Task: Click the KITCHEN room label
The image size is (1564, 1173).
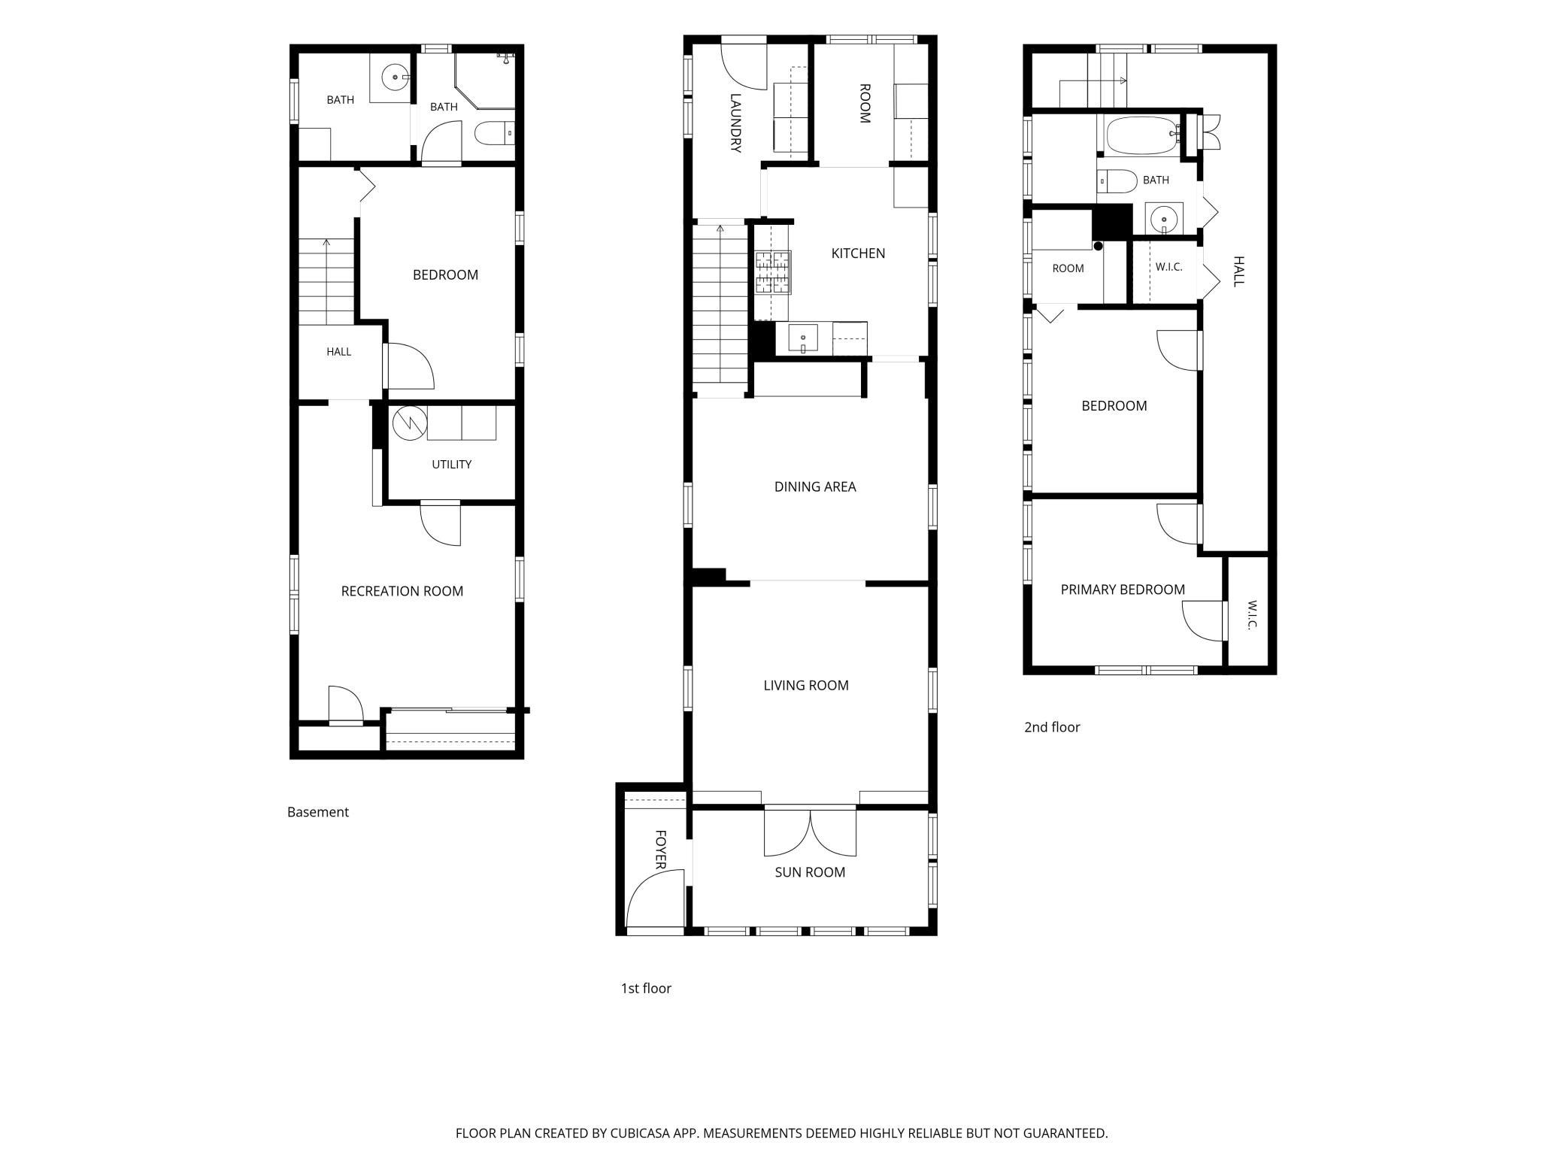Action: coord(858,253)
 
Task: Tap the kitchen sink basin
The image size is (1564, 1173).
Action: coord(803,338)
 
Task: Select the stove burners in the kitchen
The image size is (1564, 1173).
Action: coord(773,272)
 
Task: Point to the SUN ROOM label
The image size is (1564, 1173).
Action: coord(810,872)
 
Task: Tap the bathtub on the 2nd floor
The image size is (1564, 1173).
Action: coord(1141,135)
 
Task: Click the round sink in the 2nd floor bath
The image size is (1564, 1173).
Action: coord(1164,219)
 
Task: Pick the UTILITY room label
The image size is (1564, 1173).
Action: coord(452,465)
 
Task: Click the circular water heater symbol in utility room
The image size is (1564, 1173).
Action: coord(410,423)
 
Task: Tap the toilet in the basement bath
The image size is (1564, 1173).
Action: coord(494,134)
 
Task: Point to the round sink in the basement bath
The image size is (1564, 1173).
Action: coord(395,77)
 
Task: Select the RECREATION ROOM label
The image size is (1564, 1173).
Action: coord(402,591)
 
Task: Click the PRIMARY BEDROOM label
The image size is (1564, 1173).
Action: coord(1123,590)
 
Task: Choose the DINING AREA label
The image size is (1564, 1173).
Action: coord(815,486)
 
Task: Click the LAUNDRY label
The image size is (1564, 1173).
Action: coord(736,123)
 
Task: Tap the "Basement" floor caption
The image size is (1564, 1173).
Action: coord(318,812)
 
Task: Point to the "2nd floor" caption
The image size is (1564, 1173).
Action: coord(1052,727)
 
